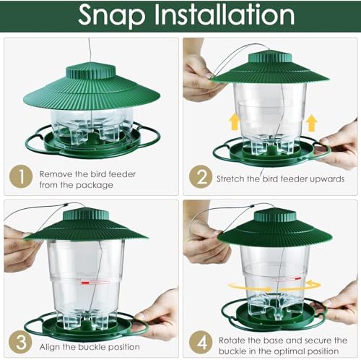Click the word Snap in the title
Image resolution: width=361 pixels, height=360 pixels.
[112, 16]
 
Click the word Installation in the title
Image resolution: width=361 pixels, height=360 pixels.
[225, 14]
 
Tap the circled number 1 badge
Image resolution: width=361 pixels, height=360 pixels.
[21, 176]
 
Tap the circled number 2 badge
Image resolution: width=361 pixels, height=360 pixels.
[201, 177]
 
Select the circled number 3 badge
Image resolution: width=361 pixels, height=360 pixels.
[20, 342]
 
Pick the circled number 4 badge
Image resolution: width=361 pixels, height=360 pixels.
[201, 343]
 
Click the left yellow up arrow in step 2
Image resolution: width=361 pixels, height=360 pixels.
[234, 122]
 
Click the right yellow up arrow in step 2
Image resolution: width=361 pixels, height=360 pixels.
[312, 123]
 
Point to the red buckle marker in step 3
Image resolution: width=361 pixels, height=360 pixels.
[84, 283]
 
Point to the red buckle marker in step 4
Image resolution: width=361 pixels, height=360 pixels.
[298, 278]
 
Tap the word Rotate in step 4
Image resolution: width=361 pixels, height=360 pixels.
[232, 340]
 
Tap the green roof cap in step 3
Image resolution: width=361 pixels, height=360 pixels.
[85, 215]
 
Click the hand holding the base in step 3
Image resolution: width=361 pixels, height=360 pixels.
[156, 314]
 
